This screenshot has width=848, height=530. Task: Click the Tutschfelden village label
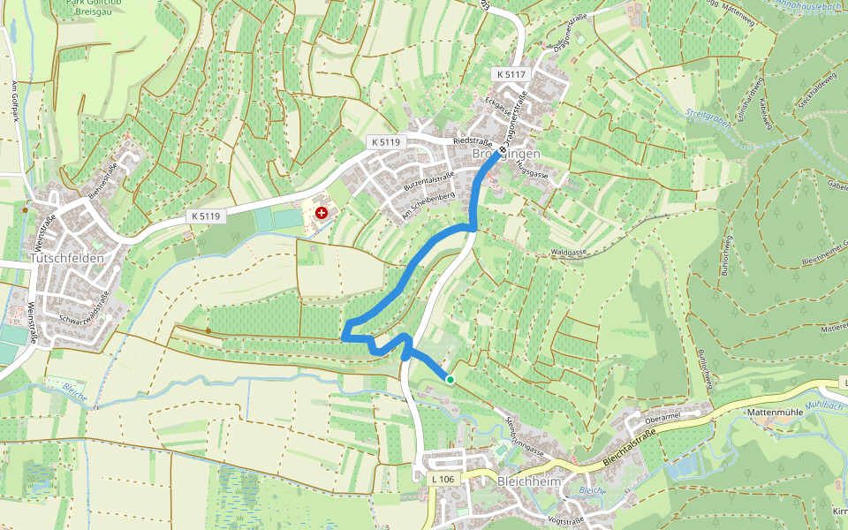[66, 258]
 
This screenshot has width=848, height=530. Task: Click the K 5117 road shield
[511, 75]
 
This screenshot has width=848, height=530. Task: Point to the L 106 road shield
[443, 479]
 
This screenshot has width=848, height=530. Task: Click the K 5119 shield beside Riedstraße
[385, 141]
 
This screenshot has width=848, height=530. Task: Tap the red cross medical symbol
[322, 213]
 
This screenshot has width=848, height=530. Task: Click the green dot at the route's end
[450, 380]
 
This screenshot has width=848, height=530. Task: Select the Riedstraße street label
[472, 140]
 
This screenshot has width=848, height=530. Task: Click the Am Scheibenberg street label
[428, 206]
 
